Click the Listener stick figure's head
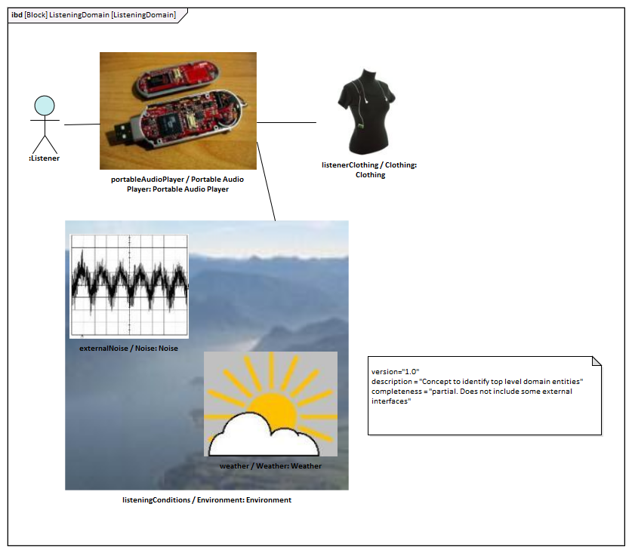[45, 106]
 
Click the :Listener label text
[44, 158]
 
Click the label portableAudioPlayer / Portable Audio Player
[177, 184]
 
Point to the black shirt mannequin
[366, 112]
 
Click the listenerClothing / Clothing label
[369, 170]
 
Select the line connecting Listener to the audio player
[82, 124]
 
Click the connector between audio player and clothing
[287, 122]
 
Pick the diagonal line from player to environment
[266, 181]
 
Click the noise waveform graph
[129, 286]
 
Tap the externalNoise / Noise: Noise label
[128, 349]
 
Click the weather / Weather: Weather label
[270, 466]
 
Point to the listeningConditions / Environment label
[207, 500]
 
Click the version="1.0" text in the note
[395, 372]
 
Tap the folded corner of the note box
[597, 361]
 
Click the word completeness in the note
[396, 392]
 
